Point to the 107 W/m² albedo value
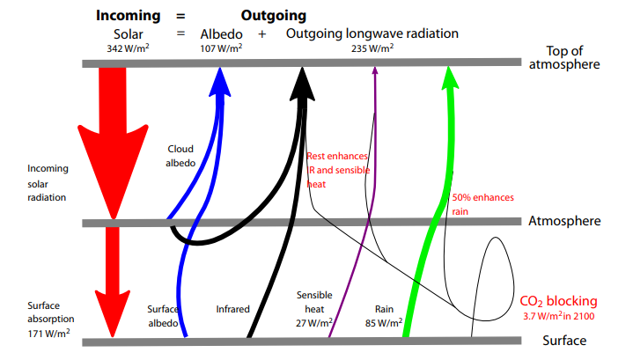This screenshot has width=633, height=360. click(x=221, y=48)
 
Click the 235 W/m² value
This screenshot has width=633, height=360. click(x=372, y=48)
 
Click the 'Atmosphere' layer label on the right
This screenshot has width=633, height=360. click(x=563, y=221)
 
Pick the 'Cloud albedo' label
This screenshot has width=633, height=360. click(x=180, y=156)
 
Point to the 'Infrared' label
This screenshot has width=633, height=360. click(x=233, y=309)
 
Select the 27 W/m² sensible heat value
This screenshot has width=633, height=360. click(x=314, y=323)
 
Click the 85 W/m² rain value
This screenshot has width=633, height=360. click(x=382, y=323)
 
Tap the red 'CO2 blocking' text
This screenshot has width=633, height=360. click(x=559, y=301)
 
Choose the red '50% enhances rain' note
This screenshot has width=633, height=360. click(x=482, y=204)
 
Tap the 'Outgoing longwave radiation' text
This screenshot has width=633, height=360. click(x=372, y=33)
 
